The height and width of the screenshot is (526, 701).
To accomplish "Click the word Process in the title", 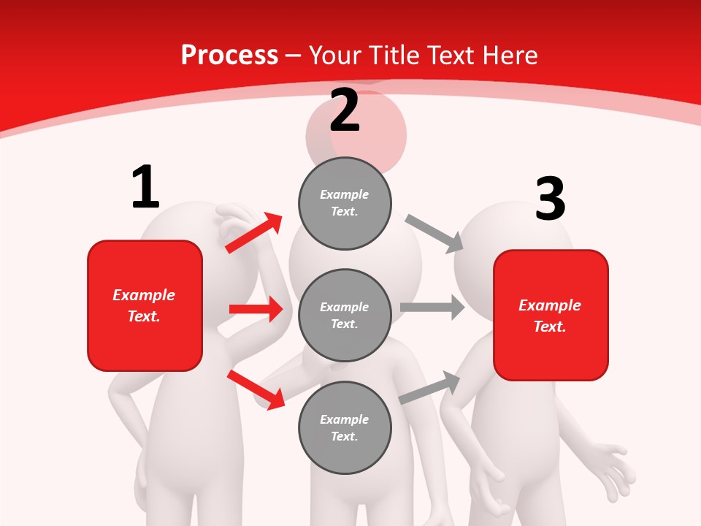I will pyautogui.click(x=229, y=56).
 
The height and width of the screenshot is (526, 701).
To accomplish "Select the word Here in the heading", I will pyautogui.click(x=506, y=56).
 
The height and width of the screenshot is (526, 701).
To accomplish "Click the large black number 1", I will pyautogui.click(x=145, y=187).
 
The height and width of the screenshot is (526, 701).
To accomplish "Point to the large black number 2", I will pyautogui.click(x=345, y=110).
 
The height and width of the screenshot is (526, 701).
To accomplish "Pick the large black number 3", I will pyautogui.click(x=550, y=199).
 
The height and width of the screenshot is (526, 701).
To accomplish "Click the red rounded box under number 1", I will pyautogui.click(x=145, y=305).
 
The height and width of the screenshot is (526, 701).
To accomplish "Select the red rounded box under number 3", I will pyautogui.click(x=551, y=315).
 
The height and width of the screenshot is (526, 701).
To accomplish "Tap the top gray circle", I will pyautogui.click(x=345, y=202).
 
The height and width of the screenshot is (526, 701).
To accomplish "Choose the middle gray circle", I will pyautogui.click(x=345, y=315).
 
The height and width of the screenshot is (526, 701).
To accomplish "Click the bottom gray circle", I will pyautogui.click(x=345, y=427).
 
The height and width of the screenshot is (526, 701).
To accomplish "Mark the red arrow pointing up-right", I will pyautogui.click(x=254, y=232).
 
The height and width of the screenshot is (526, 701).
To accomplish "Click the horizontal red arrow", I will pyautogui.click(x=256, y=309).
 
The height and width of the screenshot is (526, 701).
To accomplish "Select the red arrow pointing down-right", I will pyautogui.click(x=256, y=389).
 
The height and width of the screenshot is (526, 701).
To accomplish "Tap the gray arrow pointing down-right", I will pyautogui.click(x=434, y=232).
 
